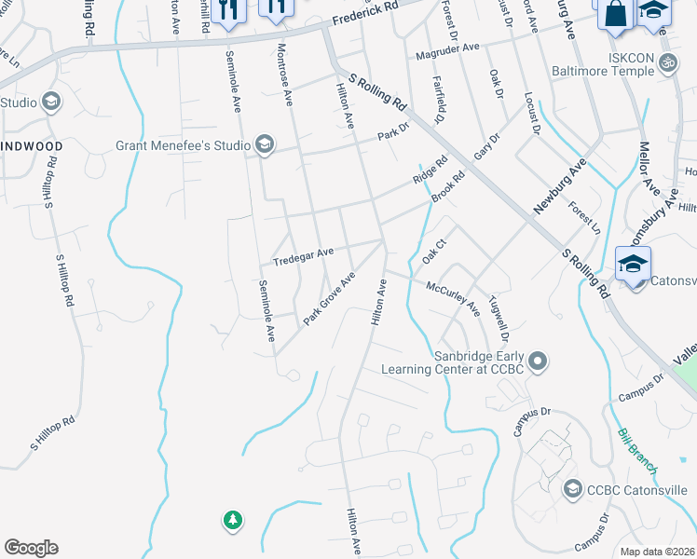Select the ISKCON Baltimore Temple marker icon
tap(666, 63)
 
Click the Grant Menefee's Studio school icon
tap(266, 143)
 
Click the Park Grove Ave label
tap(330, 299)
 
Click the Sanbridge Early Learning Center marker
tap(537, 361)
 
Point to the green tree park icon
tap(232, 520)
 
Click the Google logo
tap(31, 548)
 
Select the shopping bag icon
tap(615, 15)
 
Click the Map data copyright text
tap(657, 552)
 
